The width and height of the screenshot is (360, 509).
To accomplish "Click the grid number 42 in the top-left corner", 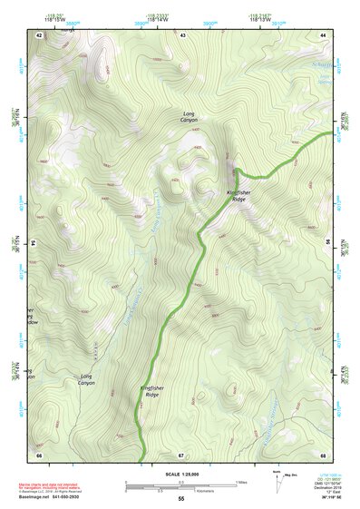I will (39, 34).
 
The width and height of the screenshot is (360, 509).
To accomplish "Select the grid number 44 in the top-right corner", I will (323, 34).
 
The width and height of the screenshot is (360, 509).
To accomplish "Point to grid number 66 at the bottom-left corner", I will (39, 454).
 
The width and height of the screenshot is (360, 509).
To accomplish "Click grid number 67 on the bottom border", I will (181, 454).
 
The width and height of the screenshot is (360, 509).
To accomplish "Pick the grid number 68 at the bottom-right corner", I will (323, 454).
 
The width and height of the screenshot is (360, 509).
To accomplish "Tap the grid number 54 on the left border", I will (35, 244).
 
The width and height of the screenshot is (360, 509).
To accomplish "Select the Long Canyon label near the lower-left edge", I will (86, 379).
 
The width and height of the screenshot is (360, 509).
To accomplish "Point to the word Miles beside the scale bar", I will (240, 481).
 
